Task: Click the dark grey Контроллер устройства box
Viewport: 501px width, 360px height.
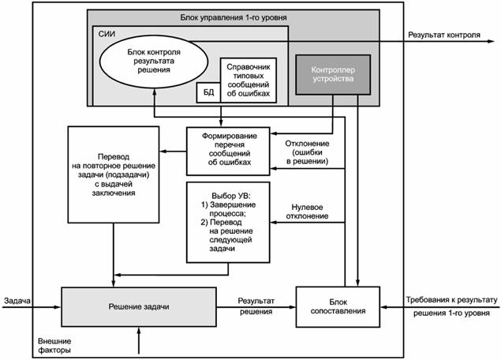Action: (329, 75)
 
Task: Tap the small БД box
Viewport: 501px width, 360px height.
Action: (207, 92)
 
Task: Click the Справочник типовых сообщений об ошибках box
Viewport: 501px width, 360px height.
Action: (248, 78)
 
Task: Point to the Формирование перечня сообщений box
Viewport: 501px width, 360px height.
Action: (226, 150)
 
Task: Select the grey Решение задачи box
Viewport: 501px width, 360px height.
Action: (139, 306)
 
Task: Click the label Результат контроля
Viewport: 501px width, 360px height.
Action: (443, 35)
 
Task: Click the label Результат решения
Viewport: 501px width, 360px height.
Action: (256, 306)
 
